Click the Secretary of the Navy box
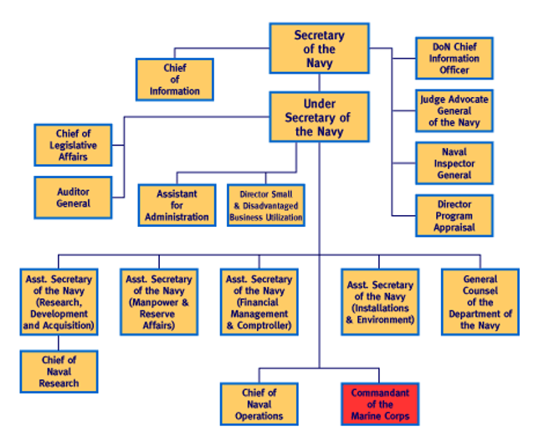click(x=319, y=49)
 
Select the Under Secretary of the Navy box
click(x=319, y=117)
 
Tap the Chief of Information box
click(x=175, y=80)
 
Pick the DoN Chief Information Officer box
click(x=454, y=58)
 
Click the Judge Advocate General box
click(x=454, y=110)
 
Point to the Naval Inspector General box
click(x=454, y=163)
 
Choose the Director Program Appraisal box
click(x=454, y=215)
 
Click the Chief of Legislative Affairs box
click(x=73, y=145)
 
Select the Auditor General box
click(x=73, y=197)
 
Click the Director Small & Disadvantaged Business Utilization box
click(x=266, y=205)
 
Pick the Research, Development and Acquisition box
click(x=59, y=302)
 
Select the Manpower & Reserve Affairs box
click(x=159, y=302)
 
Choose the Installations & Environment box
click(x=380, y=302)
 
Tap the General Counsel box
click(x=480, y=302)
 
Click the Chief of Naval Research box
click(x=59, y=372)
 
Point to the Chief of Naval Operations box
click(x=259, y=404)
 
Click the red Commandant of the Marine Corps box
click(x=380, y=404)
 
